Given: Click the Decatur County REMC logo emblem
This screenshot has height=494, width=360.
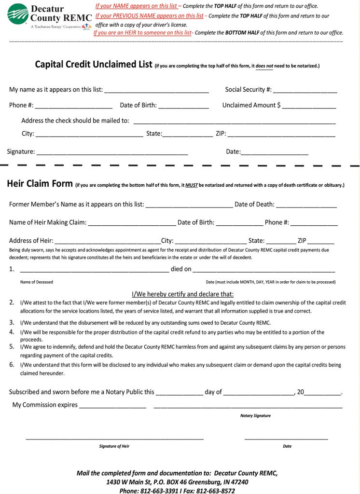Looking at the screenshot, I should (x=17, y=14).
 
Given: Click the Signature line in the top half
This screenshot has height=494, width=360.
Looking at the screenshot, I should (x=112, y=153).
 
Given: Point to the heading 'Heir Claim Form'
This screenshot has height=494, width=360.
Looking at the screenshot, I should (x=40, y=184).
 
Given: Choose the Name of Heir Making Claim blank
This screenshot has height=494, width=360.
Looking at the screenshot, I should (x=132, y=224).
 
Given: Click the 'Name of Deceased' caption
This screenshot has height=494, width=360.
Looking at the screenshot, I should (x=37, y=282).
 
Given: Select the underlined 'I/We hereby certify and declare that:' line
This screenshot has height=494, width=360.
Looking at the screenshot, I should (x=183, y=294).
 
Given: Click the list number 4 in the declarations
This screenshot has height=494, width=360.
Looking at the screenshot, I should (x=12, y=332).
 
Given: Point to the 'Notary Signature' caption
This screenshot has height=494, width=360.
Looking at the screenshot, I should (x=255, y=416).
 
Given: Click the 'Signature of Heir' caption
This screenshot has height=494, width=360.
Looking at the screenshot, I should (x=114, y=446).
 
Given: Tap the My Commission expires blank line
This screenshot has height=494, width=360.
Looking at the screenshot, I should (x=112, y=406).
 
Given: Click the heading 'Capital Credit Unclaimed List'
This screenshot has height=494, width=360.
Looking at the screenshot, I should (x=94, y=64).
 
